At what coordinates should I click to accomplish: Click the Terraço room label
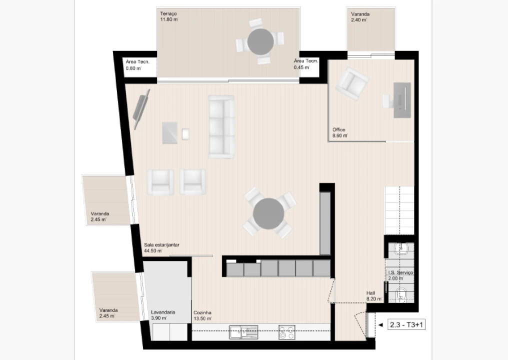(169, 13)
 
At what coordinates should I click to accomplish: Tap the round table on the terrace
(260, 41)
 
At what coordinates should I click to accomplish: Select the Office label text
(339, 130)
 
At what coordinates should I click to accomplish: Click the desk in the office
(403, 100)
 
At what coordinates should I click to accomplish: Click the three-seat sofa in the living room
(221, 126)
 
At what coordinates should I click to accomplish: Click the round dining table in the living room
(268, 213)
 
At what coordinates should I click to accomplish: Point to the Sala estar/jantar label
(161, 245)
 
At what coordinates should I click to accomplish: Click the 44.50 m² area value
(153, 251)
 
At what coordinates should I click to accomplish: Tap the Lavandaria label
(163, 312)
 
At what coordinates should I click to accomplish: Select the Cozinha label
(202, 312)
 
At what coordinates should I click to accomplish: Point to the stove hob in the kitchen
(286, 332)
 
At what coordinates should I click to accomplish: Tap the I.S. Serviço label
(400, 272)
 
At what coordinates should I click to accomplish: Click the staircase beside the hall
(399, 210)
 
